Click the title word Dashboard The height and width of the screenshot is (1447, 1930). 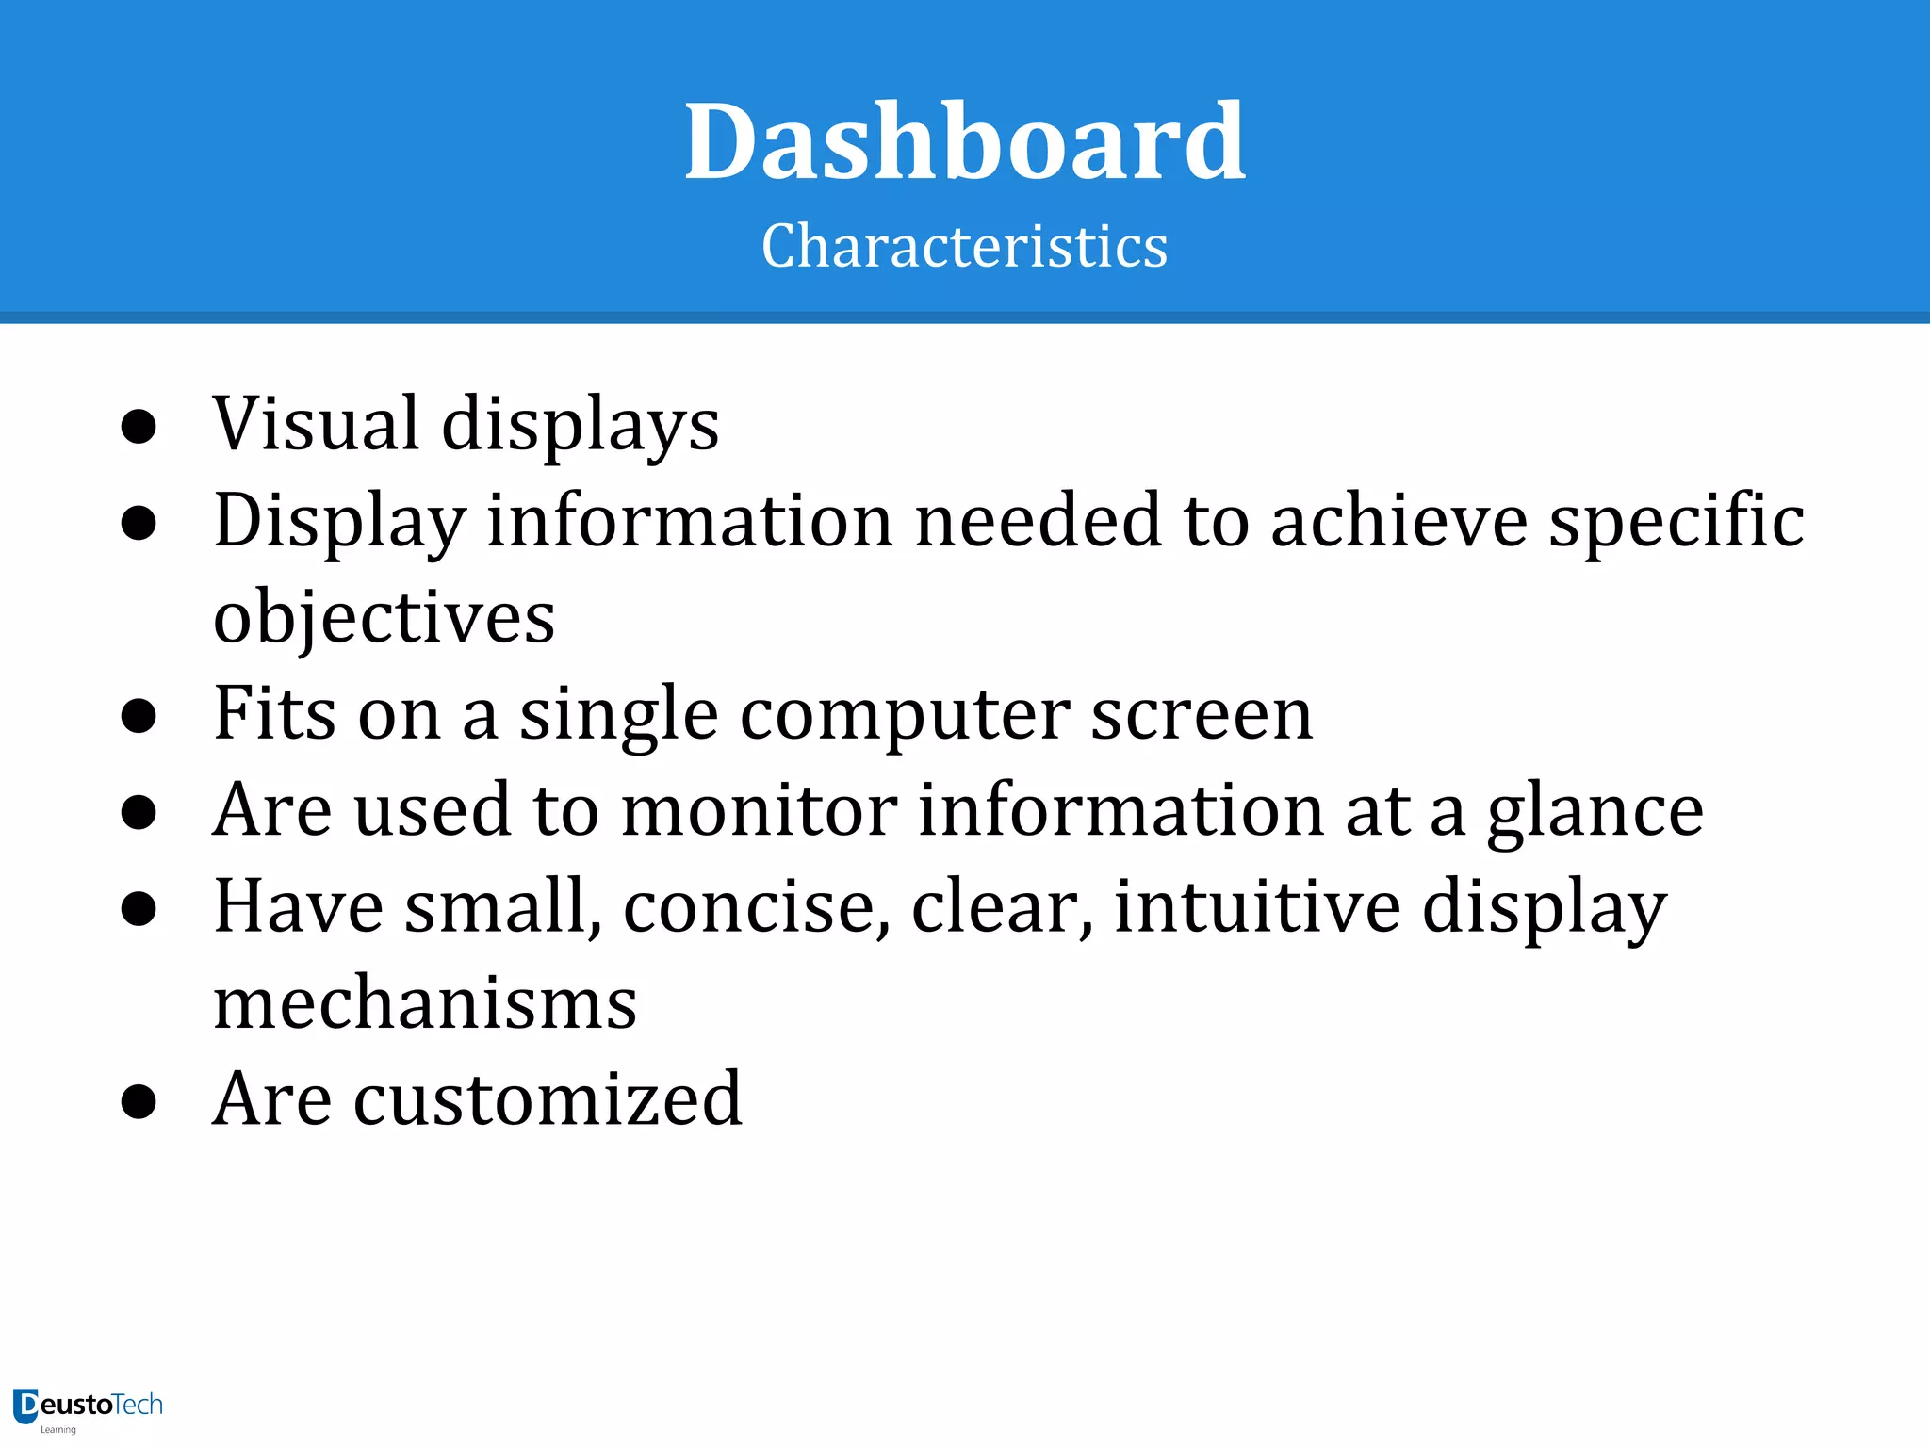click(965, 142)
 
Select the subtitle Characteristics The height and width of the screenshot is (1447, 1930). click(964, 247)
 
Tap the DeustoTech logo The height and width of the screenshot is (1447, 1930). click(88, 1407)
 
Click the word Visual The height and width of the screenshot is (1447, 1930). click(316, 424)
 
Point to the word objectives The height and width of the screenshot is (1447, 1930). click(384, 618)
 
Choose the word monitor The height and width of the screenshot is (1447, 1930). click(759, 810)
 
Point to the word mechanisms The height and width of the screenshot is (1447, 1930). click(425, 1002)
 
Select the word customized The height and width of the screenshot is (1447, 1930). click(548, 1098)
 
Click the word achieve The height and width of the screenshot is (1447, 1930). click(1398, 521)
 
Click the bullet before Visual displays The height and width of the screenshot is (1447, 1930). click(139, 427)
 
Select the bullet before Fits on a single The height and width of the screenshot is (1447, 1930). click(139, 716)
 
